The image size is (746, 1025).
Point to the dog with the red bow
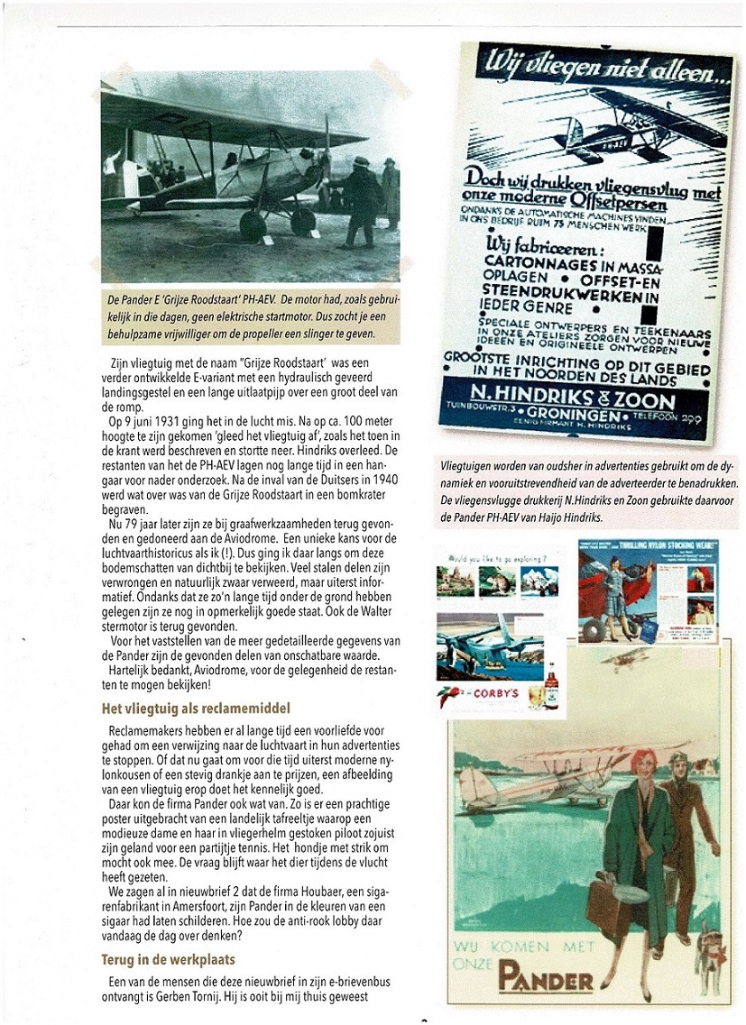pyautogui.click(x=709, y=963)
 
